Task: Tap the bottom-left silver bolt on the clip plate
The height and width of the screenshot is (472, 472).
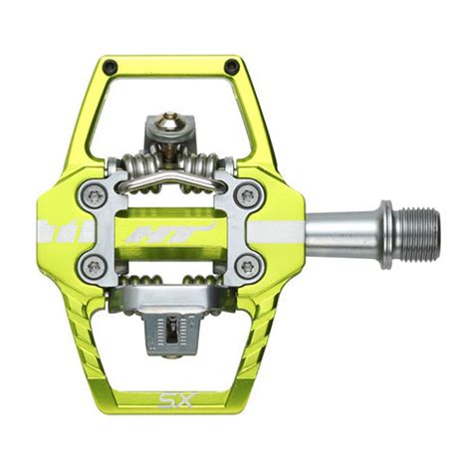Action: pos(94,266)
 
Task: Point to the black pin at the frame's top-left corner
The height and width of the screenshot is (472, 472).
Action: pos(111,68)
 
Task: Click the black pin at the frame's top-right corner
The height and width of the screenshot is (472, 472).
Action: pos(232,68)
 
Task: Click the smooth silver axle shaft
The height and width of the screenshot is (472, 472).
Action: pos(334,233)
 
